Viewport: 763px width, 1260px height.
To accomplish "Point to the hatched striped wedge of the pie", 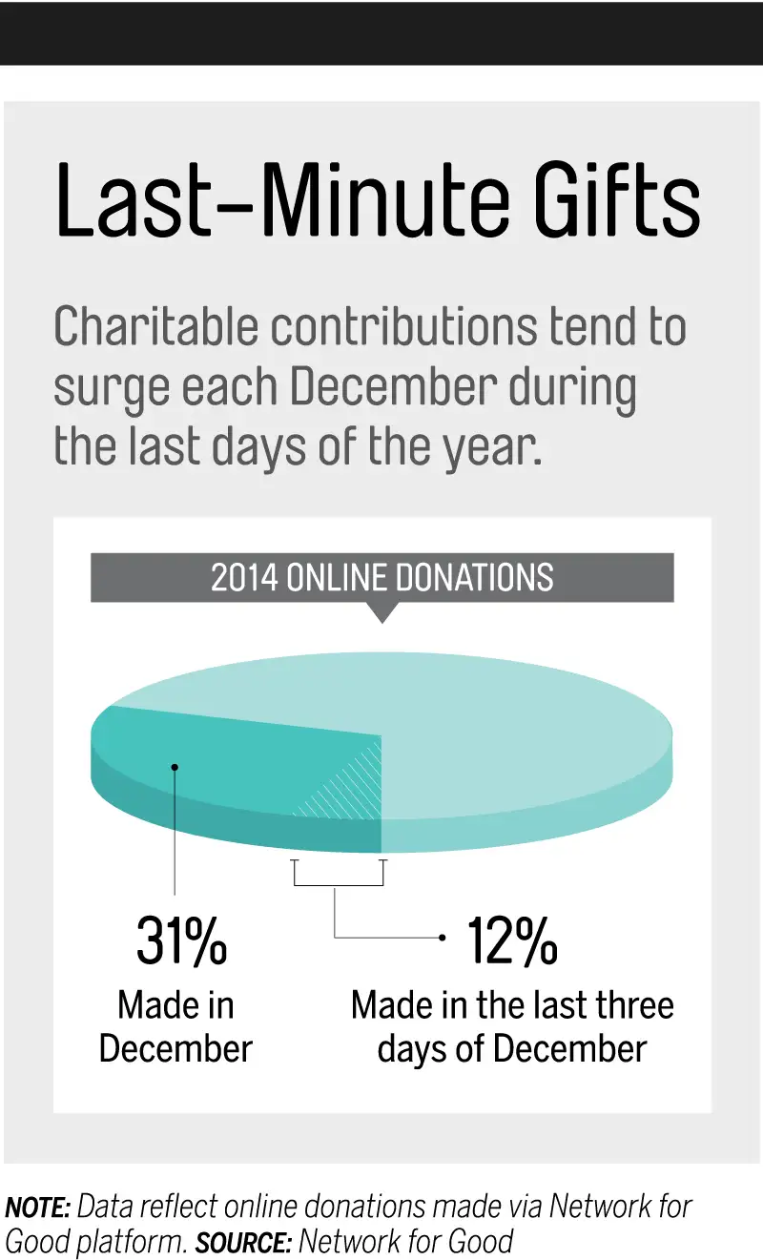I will pos(348,787).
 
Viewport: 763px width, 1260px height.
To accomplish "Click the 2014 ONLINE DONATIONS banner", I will pos(381,578).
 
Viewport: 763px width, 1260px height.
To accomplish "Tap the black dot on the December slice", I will pos(175,765).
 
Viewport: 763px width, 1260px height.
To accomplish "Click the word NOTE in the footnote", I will pos(37,1208).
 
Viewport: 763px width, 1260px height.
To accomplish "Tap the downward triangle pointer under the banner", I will pos(381,612).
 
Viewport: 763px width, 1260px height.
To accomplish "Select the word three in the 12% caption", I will pos(629,1005).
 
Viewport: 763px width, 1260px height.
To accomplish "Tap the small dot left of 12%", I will pos(442,938).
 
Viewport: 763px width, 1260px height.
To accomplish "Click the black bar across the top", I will pos(381,32).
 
